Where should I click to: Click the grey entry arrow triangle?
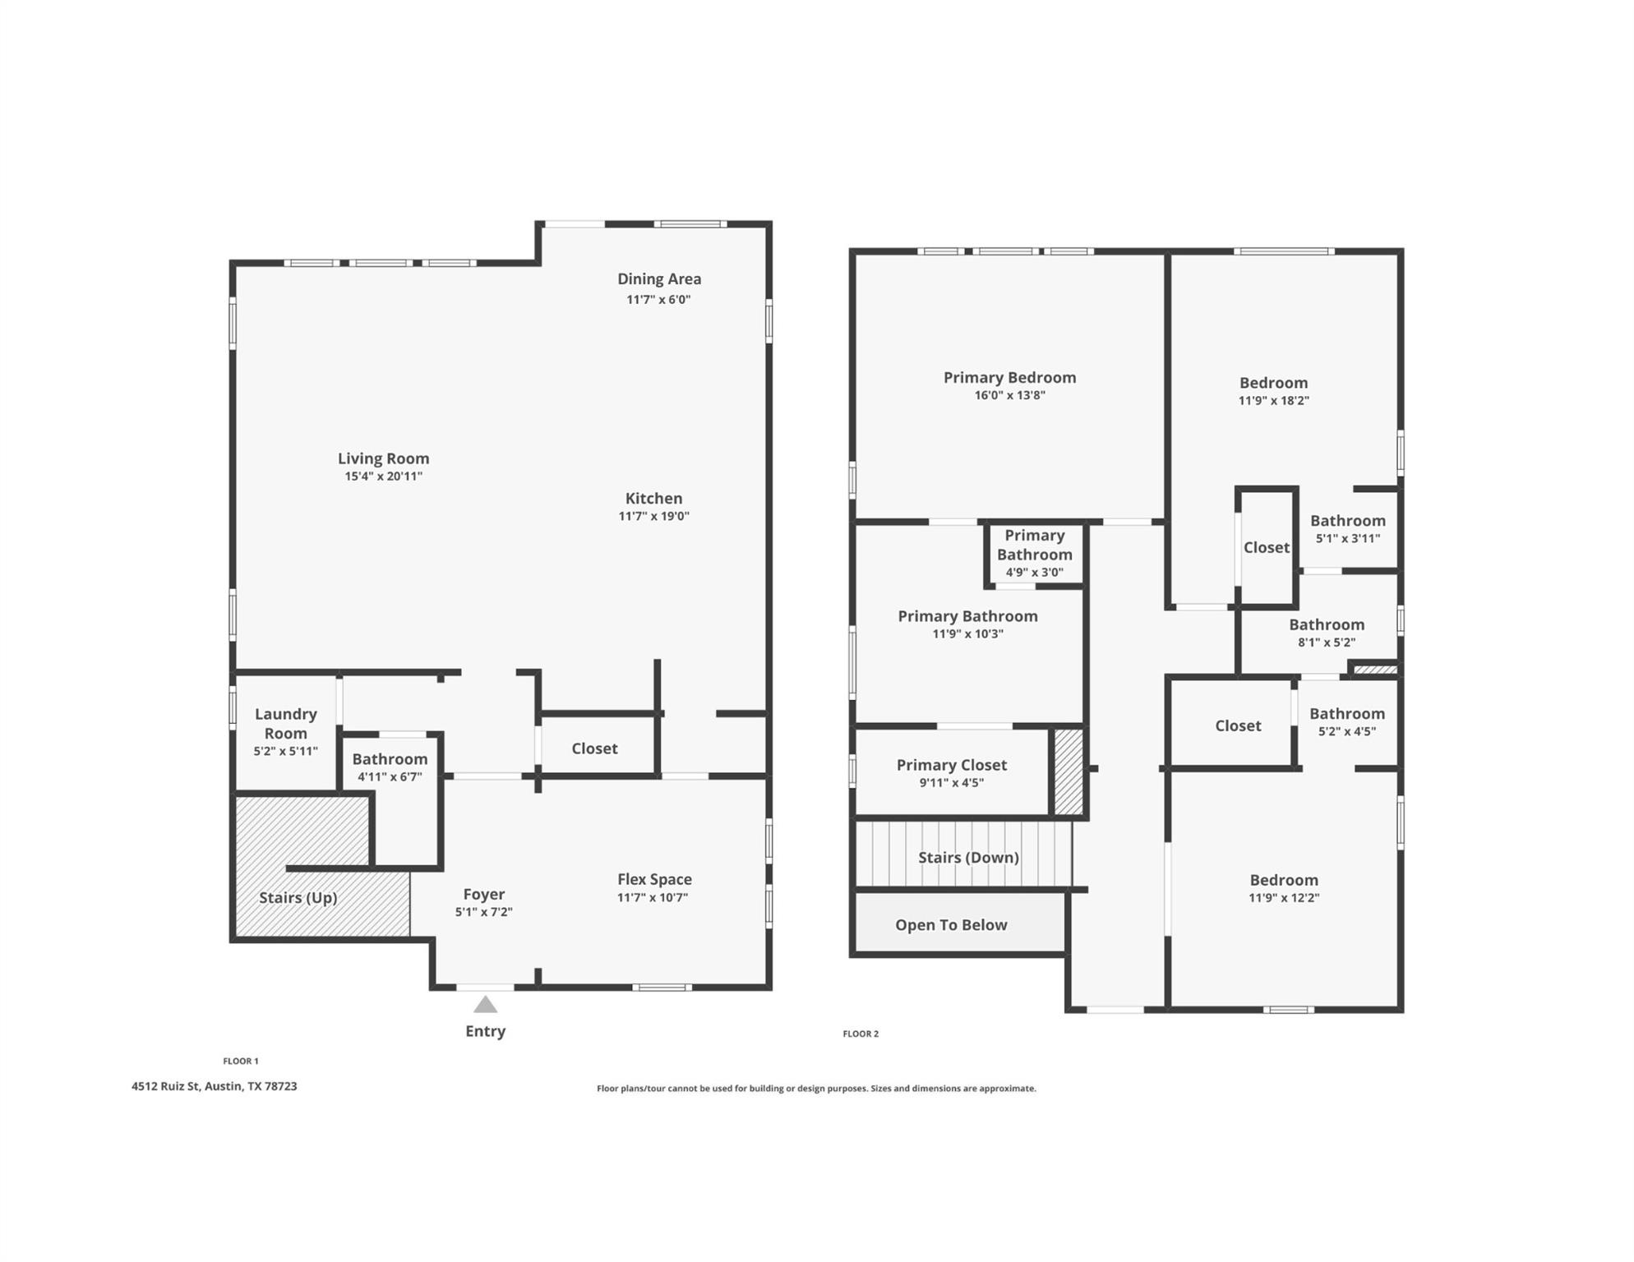485,1004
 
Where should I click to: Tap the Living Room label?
383,458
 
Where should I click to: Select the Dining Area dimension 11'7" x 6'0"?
658,300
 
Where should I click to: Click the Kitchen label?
653,498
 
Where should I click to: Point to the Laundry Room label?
285,723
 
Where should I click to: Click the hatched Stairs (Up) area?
298,898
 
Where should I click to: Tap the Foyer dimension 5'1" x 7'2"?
483,912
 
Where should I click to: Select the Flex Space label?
654,879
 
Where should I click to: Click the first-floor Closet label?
594,748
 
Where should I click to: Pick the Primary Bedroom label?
1009,377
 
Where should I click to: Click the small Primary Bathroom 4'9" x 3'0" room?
1034,554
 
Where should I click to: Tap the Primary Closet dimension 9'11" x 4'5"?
951,783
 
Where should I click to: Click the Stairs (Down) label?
968,857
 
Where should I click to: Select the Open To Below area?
951,924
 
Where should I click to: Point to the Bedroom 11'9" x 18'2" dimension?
1273,401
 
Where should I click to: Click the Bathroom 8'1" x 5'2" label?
1326,624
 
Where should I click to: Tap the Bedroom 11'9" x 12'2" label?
1283,880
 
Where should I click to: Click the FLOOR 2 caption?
861,1034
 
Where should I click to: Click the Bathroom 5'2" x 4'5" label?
1346,713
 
